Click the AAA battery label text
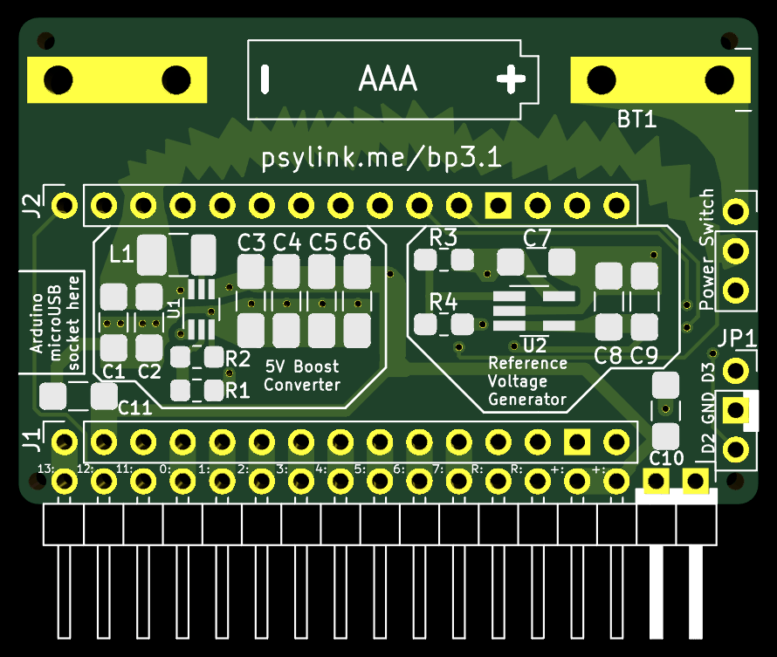pos(388,79)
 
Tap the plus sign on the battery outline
pos(511,79)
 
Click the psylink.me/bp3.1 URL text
pos(382,158)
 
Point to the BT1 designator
pos(636,120)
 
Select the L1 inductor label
pos(121,254)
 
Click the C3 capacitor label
pos(251,243)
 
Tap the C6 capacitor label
pos(357,242)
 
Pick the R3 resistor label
pos(443,237)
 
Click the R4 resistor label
pos(443,302)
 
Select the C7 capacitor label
pos(537,238)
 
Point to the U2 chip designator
pos(535,345)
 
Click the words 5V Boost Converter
pos(302,376)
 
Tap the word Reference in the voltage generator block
pos(527,363)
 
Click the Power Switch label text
pos(706,250)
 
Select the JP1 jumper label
pos(737,339)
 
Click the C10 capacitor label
pos(666,458)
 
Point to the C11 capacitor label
pos(134,408)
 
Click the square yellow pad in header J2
pos(498,205)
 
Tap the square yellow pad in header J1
pos(577,441)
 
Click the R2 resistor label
pos(237,359)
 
